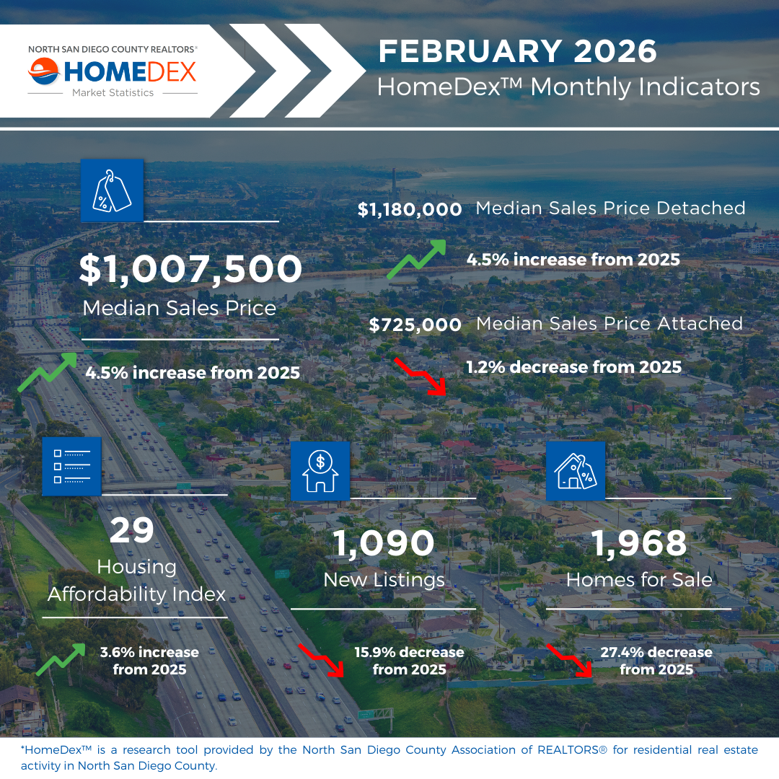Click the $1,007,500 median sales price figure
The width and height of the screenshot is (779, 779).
[190, 269]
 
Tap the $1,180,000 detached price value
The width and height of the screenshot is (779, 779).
[410, 210]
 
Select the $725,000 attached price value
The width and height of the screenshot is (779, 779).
[415, 325]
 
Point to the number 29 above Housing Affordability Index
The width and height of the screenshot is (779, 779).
[132, 530]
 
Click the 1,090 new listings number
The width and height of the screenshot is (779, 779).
[383, 544]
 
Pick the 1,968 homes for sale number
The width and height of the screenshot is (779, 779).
[639, 543]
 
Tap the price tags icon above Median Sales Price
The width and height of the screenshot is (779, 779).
[113, 190]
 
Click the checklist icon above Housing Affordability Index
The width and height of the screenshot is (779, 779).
[72, 467]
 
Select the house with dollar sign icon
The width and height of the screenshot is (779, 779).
[320, 471]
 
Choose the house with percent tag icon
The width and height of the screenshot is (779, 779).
[576, 471]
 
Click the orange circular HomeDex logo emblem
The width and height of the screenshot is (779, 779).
[44, 71]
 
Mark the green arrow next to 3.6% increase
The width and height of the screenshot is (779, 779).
[61, 660]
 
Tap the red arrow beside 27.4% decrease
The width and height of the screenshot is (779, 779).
[570, 660]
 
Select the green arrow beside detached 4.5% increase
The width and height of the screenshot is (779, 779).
[416, 260]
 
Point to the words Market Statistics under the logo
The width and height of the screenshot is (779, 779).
[113, 93]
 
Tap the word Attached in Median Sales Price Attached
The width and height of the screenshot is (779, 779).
[700, 323]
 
